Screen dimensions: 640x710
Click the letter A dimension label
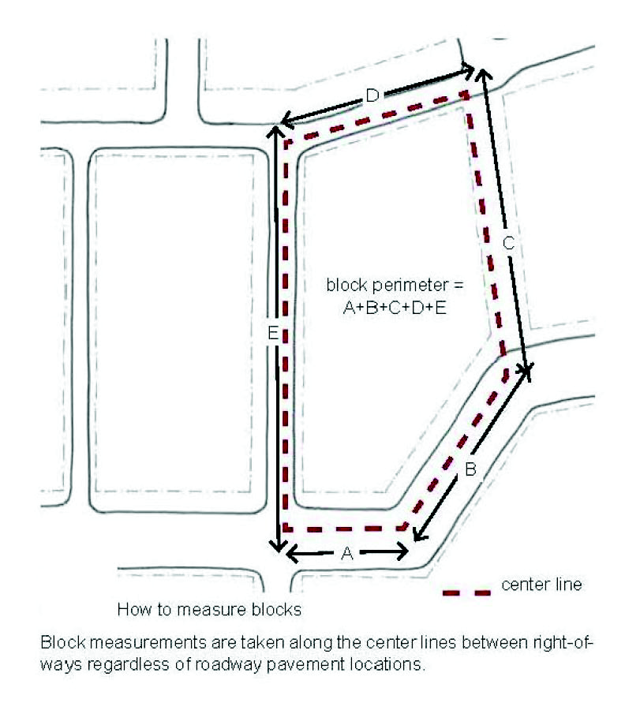pos(347,553)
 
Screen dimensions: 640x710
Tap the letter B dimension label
pos(470,469)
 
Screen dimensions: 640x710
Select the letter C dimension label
pos(509,243)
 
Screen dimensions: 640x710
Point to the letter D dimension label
pos(372,95)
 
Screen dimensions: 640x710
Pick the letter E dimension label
pos(273,333)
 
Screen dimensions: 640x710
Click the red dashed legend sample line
pos(467,592)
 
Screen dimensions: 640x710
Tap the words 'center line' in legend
pos(541,584)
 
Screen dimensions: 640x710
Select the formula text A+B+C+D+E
pos(395,308)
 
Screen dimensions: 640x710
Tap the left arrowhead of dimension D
pos(281,122)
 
